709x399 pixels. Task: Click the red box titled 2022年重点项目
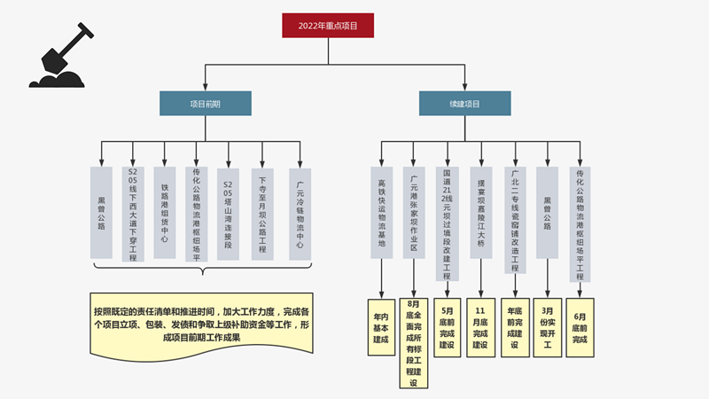pos(328,26)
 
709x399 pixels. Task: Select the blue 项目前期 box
pos(205,103)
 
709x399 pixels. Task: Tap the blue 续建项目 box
pos(464,103)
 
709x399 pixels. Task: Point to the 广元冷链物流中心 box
pos(300,213)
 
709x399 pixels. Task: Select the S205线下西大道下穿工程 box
pos(133,213)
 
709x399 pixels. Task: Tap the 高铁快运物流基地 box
pos(381,213)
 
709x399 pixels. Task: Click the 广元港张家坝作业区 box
pos(414,213)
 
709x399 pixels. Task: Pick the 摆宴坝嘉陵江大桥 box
pos(480,213)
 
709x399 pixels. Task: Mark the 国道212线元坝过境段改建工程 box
pos(448,223)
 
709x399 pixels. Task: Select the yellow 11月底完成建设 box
pos(480,328)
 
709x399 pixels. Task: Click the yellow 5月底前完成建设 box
pos(448,328)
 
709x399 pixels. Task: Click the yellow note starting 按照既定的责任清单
pos(201,325)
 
